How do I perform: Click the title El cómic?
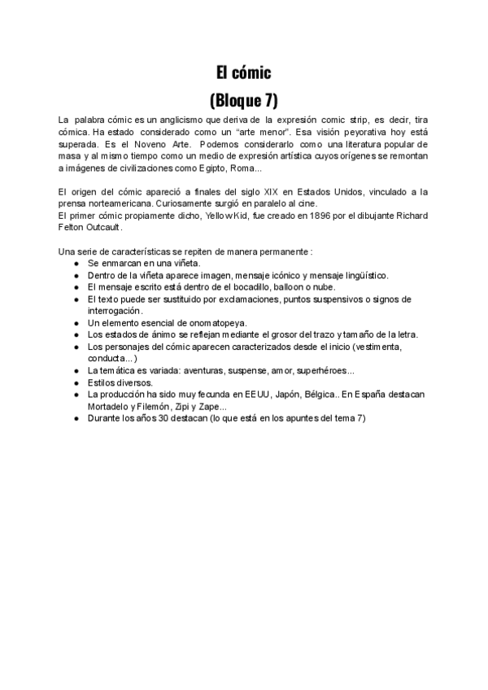pos(243,73)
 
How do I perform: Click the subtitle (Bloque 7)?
pos(243,101)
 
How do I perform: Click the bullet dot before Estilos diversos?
pos(76,382)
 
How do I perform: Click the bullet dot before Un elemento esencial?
pos(76,323)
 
